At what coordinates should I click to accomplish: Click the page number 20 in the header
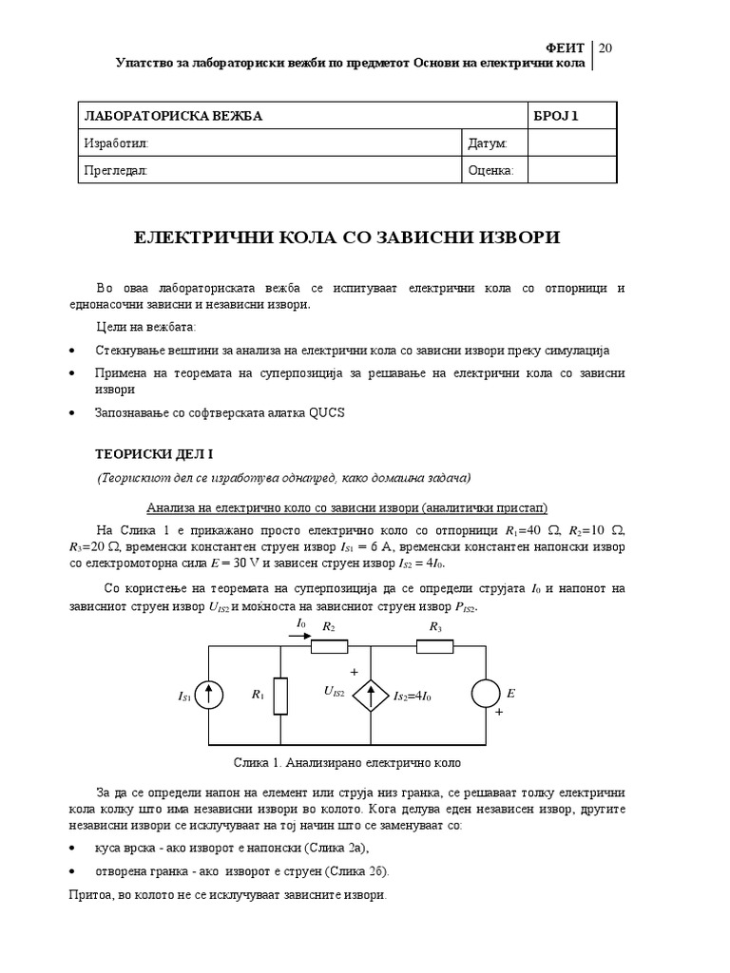606,48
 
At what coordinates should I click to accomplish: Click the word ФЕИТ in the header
569,48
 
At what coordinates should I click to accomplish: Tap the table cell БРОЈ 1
556,117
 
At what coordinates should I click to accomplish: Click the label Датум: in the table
488,143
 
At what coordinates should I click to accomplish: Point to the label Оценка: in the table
490,170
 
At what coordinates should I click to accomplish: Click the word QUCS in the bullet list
326,413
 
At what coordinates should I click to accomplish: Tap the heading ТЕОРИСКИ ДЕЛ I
157,454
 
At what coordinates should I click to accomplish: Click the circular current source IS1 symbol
209,696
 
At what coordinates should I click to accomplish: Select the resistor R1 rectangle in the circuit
280,696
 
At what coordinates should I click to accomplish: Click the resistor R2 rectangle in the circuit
329,646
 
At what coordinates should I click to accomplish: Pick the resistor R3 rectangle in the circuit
435,646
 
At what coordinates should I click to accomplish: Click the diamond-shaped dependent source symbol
370,696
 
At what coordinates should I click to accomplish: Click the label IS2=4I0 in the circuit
413,696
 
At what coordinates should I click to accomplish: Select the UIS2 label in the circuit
334,692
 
